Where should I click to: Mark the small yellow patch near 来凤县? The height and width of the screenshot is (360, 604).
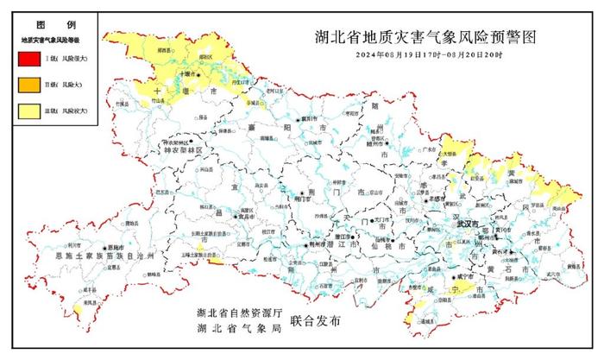79,307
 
